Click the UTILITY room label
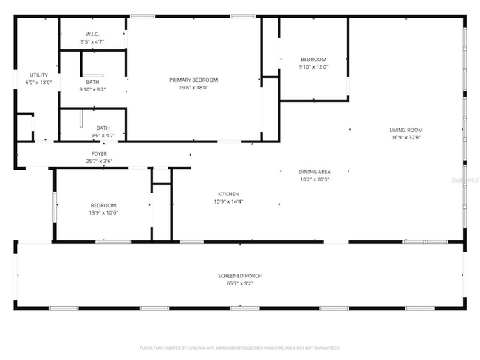point(38,75)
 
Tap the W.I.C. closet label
point(92,34)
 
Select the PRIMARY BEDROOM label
point(193,80)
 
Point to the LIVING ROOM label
point(406,130)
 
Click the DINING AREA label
point(315,172)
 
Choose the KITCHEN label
point(227,194)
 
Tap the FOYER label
point(99,153)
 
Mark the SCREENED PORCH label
point(239,276)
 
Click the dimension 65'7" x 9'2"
point(239,283)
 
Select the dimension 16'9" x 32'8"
point(406,137)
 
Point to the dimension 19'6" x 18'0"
point(193,87)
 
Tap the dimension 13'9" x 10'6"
point(103,213)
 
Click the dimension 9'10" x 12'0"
point(312,67)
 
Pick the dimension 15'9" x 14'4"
point(227,201)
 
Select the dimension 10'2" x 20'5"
point(315,179)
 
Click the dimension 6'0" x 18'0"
point(38,83)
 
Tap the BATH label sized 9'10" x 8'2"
point(92,82)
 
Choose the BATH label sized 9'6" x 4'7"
point(103,128)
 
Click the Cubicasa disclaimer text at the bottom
point(239,347)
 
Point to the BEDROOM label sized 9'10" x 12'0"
point(312,60)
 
